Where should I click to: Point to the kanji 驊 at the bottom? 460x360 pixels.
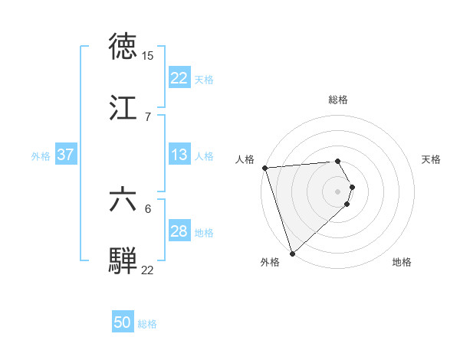(124, 260)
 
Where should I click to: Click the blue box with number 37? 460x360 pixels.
(65, 155)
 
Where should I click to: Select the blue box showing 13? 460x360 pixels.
(179, 155)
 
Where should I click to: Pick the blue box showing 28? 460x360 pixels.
(179, 231)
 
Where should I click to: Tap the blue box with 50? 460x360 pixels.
(123, 323)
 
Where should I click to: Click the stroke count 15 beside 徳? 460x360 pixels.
(147, 56)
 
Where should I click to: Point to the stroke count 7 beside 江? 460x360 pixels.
(147, 117)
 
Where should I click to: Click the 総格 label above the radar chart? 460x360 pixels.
(338, 100)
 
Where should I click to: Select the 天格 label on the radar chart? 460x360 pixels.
(432, 159)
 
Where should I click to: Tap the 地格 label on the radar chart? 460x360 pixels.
(402, 263)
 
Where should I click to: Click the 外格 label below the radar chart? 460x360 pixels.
(270, 263)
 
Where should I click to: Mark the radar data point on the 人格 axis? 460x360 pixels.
(264, 168)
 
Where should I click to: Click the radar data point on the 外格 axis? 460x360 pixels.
(292, 253)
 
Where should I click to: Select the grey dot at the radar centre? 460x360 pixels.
(338, 191)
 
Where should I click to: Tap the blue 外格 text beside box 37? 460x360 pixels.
(41, 155)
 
